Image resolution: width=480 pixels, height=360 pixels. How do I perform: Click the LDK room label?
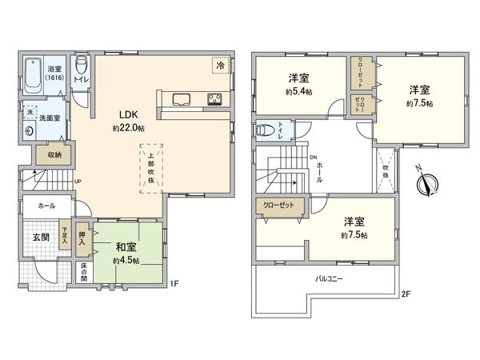pyautogui.click(x=126, y=114)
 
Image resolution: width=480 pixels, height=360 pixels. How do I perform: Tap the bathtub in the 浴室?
pyautogui.click(x=33, y=77)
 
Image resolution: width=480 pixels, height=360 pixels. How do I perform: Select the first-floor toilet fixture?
pyautogui.click(x=81, y=68)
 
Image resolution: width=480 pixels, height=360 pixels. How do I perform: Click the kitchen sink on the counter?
pyautogui.click(x=180, y=99)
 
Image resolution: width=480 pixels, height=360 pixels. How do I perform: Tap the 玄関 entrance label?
pyautogui.click(x=41, y=238)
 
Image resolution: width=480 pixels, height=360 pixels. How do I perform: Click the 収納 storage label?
pyautogui.click(x=54, y=154)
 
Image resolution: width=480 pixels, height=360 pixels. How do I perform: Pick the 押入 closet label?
pyautogui.click(x=82, y=237)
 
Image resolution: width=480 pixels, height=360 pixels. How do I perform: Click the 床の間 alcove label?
pyautogui.click(x=82, y=271)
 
